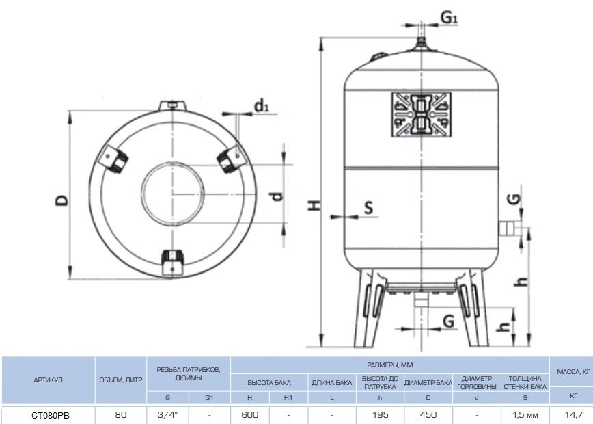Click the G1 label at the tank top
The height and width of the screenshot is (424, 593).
pyautogui.click(x=450, y=17)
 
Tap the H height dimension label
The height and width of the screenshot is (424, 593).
pyautogui.click(x=314, y=204)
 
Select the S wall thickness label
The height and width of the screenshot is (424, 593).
pyautogui.click(x=368, y=207)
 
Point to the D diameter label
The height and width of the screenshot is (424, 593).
pyautogui.click(x=62, y=200)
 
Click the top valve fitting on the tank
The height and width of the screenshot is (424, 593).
pyautogui.click(x=422, y=43)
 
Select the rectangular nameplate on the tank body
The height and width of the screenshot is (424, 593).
pyautogui.click(x=422, y=114)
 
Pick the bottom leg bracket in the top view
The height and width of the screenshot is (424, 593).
pyautogui.click(x=172, y=263)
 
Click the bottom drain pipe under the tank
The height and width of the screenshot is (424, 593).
pyautogui.click(x=421, y=299)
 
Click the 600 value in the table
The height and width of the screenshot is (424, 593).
pyautogui.click(x=250, y=415)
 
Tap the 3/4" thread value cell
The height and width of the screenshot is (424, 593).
pyautogui.click(x=167, y=415)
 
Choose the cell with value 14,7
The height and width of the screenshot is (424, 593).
pyautogui.click(x=573, y=415)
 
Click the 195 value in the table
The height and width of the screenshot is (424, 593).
pyautogui.click(x=380, y=415)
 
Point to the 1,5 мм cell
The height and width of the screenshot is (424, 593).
pyautogui.click(x=525, y=415)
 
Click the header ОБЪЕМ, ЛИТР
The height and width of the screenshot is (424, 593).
pyautogui.click(x=121, y=380)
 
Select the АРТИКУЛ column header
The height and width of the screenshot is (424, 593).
pyautogui.click(x=48, y=380)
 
